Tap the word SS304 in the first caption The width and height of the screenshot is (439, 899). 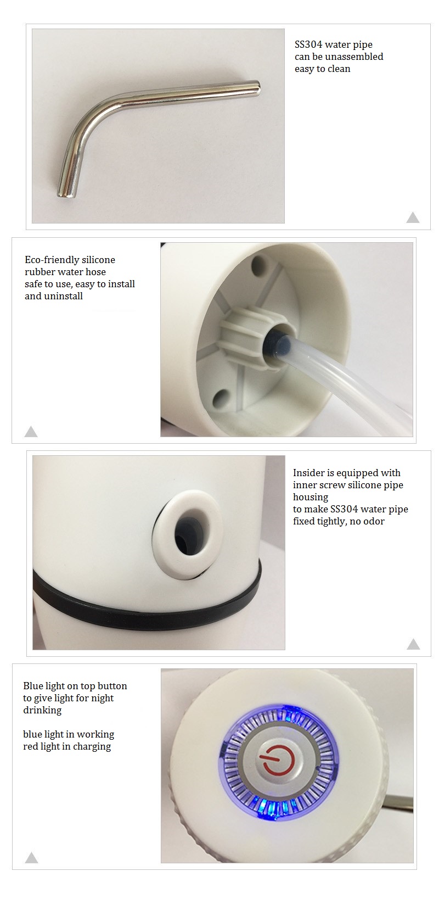pos(308,44)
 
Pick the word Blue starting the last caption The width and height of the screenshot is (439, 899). pos(32,686)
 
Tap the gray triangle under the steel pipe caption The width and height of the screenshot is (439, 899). pos(413,217)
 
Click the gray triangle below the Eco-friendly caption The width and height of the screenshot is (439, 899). pos(31,432)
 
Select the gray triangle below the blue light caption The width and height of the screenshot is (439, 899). pos(32,857)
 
